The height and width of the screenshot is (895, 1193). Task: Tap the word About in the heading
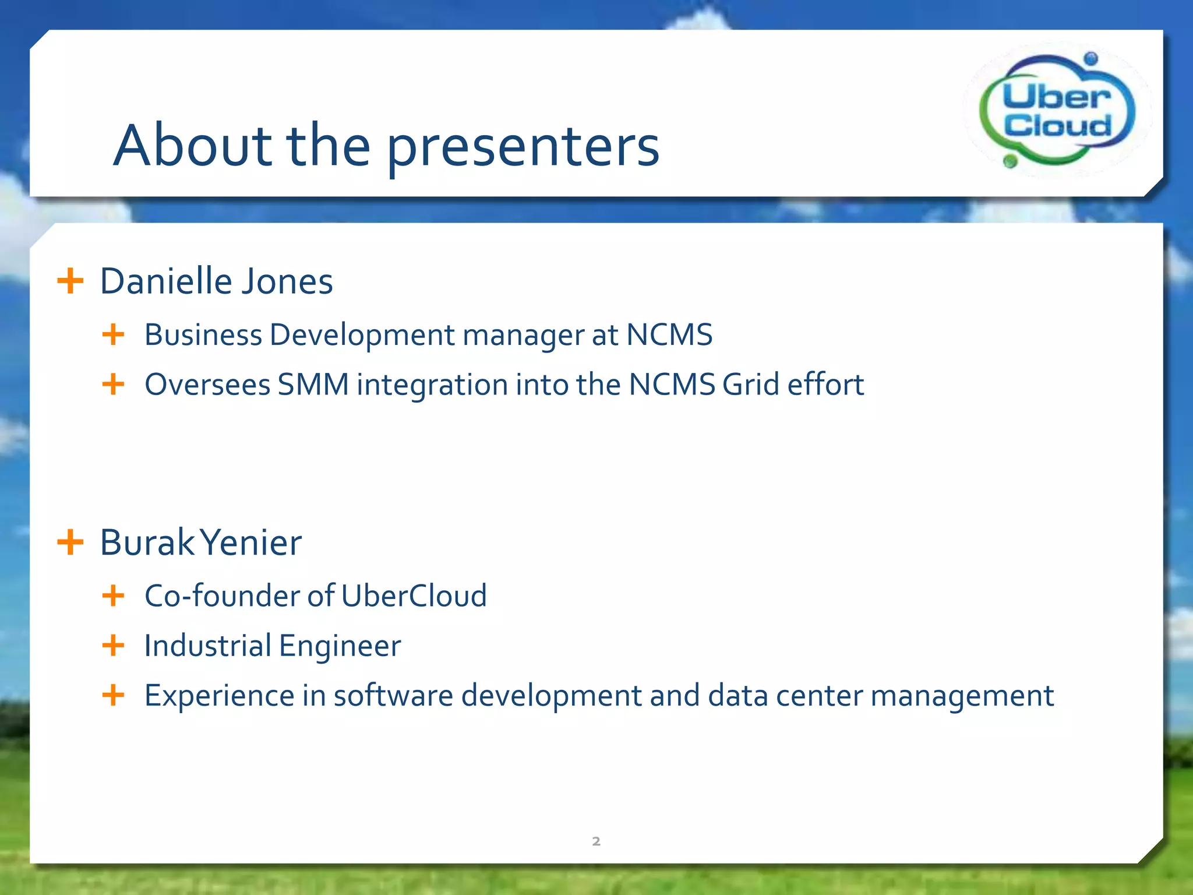coord(193,146)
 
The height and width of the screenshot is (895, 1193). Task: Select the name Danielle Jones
coord(216,281)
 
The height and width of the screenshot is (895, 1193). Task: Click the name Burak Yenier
coord(200,542)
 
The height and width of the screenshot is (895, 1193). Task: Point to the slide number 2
coord(596,841)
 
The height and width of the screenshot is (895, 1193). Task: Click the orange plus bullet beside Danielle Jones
coord(70,281)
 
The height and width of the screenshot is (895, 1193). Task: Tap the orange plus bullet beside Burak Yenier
coord(70,542)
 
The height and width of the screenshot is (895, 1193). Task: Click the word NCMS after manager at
coord(669,335)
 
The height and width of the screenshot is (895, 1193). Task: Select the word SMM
coord(313,385)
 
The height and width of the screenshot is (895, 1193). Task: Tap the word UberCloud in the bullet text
coord(414,596)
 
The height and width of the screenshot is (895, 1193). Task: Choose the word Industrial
coord(207,646)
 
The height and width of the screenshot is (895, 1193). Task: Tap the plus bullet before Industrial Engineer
coord(113,646)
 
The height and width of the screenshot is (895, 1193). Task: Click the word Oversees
coord(207,385)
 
